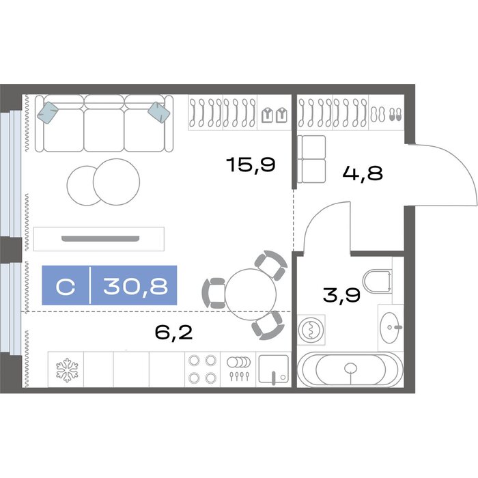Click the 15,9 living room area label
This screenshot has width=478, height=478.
(x=251, y=165)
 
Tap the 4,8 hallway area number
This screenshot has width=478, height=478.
(x=363, y=173)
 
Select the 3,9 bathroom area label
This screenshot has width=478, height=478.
(x=341, y=295)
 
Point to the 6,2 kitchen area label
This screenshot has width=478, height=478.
(x=173, y=333)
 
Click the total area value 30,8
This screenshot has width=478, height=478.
(x=135, y=286)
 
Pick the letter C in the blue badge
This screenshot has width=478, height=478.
(x=66, y=287)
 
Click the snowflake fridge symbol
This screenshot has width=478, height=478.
(x=67, y=370)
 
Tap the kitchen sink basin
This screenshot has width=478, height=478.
(x=273, y=369)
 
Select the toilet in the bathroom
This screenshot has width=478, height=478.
(x=377, y=281)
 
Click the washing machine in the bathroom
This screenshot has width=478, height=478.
(x=311, y=330)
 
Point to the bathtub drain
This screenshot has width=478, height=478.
(x=350, y=368)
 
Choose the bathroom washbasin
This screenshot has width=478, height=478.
(x=390, y=328)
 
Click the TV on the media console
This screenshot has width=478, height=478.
(x=100, y=238)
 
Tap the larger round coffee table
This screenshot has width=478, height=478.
(x=117, y=182)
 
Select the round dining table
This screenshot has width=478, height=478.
(x=251, y=294)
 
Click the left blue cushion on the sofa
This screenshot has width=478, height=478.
(x=48, y=113)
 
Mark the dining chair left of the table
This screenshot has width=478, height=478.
(x=214, y=293)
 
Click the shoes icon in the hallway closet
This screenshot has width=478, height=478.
(x=386, y=115)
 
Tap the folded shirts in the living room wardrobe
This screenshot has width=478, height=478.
(x=274, y=115)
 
